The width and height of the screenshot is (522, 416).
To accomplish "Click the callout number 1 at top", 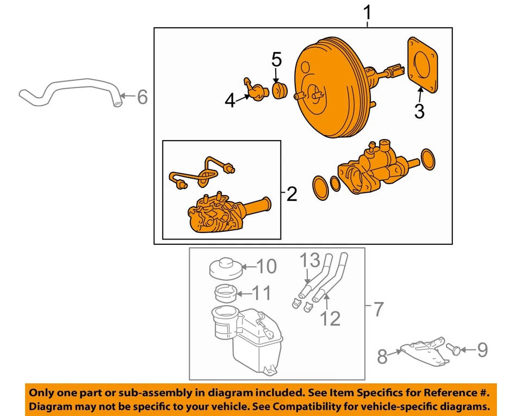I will pos(368,12).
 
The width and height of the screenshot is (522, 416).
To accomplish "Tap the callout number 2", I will pos(292,193).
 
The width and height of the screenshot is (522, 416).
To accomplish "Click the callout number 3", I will pos(419,112).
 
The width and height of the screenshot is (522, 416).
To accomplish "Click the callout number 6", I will pos(142,97).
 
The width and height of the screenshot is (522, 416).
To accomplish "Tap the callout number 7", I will pos(379,311).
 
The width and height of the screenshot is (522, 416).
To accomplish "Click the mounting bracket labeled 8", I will pos(422,351).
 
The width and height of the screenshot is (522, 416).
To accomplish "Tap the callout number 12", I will pos(330,318).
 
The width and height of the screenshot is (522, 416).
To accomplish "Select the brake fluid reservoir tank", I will pos(245,337).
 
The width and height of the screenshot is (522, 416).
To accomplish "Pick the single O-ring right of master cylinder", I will pos(428,159).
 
